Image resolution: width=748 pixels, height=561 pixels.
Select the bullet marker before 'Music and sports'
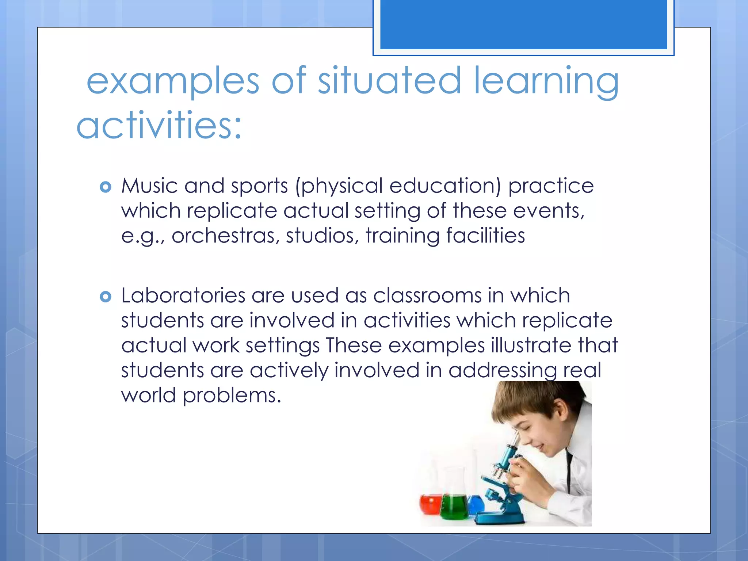(105, 187)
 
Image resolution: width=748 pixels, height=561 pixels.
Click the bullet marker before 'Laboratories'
(105, 297)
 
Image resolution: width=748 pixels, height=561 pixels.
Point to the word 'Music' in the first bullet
(150, 186)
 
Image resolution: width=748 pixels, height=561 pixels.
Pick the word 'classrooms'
(427, 295)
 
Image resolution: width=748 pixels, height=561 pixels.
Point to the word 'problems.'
(232, 396)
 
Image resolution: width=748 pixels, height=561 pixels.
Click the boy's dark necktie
(569, 471)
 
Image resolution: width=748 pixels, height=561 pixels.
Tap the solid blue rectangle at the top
(523, 24)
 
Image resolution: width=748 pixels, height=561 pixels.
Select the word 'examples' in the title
(173, 81)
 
